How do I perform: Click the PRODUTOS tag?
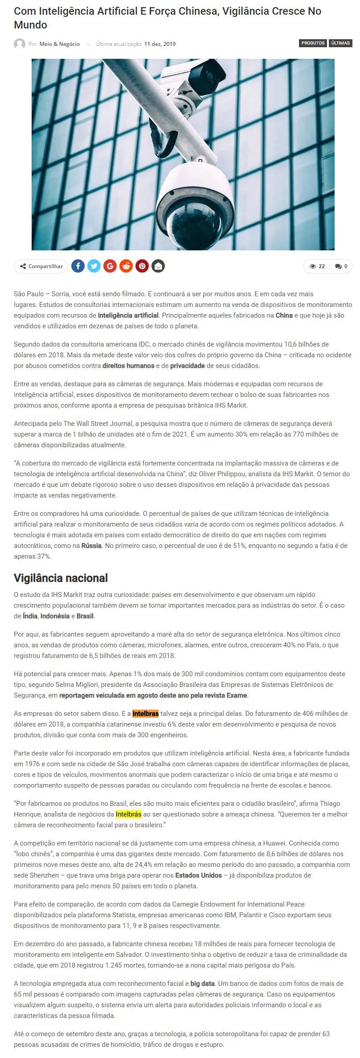click(x=313, y=43)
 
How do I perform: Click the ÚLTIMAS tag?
click(x=340, y=43)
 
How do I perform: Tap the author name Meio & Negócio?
click(x=60, y=44)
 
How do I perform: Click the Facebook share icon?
click(x=78, y=266)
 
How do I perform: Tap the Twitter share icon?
click(x=94, y=266)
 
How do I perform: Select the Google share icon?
click(x=110, y=266)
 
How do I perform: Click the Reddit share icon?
click(x=126, y=266)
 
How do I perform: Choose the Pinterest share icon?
click(x=142, y=266)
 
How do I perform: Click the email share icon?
click(x=158, y=266)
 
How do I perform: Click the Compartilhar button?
click(x=41, y=266)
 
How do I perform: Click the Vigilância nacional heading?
click(x=61, y=578)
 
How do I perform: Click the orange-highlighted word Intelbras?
click(x=145, y=713)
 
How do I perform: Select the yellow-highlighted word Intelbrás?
click(x=128, y=814)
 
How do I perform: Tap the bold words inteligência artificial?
click(x=128, y=315)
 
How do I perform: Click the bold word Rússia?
click(x=91, y=545)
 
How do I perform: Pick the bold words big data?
click(x=202, y=983)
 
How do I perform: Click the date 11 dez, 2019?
click(x=160, y=44)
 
